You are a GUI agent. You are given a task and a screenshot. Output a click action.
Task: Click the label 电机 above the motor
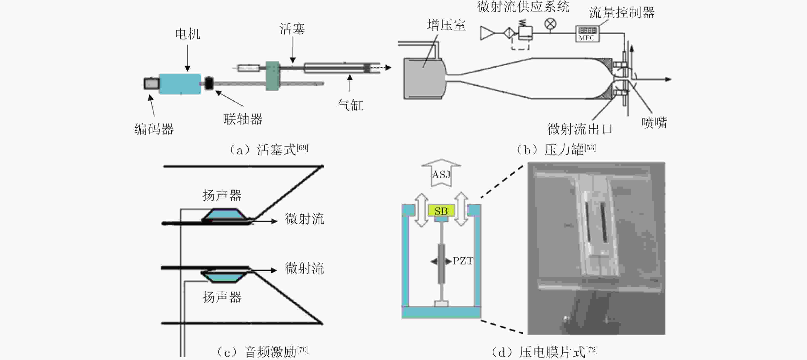click(188, 34)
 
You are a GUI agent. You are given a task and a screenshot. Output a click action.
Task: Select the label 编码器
click(154, 129)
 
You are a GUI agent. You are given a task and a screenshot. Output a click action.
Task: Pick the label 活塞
click(292, 29)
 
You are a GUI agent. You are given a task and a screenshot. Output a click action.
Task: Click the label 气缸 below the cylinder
click(350, 105)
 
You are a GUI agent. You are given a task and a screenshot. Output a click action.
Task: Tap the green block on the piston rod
click(272, 76)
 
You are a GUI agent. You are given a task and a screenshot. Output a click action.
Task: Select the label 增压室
click(446, 25)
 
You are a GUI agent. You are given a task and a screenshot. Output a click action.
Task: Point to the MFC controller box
click(587, 34)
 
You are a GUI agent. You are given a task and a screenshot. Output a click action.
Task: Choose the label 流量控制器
click(622, 13)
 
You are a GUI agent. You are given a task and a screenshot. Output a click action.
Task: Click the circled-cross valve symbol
click(551, 24)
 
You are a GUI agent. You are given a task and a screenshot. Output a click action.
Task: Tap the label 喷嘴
click(654, 122)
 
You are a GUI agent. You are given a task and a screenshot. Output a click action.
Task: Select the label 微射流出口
click(580, 129)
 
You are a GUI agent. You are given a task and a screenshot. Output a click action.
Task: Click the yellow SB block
click(441, 211)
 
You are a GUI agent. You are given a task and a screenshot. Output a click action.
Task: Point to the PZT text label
click(463, 261)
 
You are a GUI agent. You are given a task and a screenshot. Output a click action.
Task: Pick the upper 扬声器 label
click(222, 196)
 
